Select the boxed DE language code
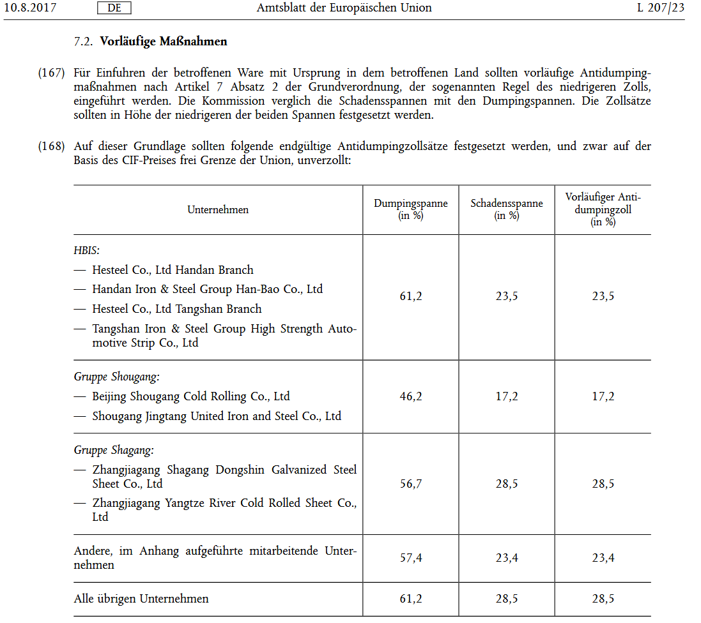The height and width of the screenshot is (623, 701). coord(114,8)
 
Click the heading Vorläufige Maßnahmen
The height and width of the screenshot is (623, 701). coord(164,42)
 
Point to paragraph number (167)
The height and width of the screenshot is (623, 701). coord(51,73)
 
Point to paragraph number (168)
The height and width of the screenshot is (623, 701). coord(51,146)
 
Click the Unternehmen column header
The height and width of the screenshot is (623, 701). coord(218,210)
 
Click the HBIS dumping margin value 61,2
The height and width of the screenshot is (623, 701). coord(411,296)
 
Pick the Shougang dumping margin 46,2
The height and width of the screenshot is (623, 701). coord(411,396)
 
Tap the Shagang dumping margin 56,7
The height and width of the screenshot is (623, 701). coord(411,484)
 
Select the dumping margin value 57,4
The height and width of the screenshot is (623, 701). coord(411,558)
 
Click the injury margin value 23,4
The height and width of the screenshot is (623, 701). coord(507,558)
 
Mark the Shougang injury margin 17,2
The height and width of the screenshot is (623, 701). coord(507,396)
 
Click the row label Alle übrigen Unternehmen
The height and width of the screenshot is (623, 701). coord(141,599)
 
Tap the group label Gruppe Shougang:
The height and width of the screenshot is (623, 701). coord(116,377)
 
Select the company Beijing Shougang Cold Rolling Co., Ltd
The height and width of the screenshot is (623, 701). coord(190,396)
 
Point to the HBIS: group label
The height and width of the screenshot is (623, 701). coord(87,250)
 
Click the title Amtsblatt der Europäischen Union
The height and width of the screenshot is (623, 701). coord(344,8)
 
